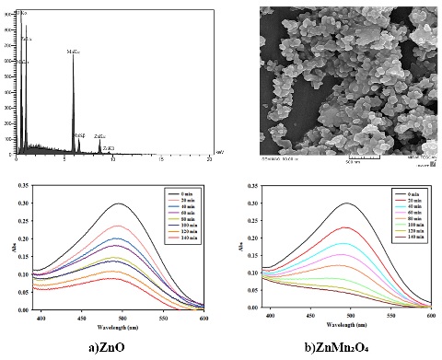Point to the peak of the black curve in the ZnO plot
(118, 203)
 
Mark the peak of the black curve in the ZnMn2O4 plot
(346, 203)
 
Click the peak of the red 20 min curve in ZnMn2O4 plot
(345, 227)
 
